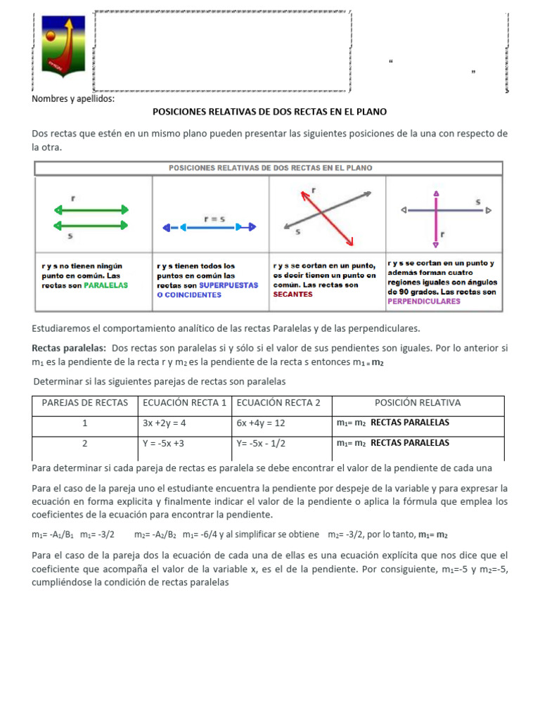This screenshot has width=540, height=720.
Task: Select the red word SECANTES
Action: point(292,295)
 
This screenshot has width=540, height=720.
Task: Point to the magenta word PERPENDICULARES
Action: point(424,301)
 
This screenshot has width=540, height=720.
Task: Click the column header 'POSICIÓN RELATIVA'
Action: point(418,403)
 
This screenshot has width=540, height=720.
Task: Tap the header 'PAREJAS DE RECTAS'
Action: point(85,403)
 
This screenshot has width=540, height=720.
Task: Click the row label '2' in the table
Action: point(85,444)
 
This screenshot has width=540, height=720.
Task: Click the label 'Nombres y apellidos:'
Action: point(73,98)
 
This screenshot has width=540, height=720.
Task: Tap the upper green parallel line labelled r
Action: point(91,210)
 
